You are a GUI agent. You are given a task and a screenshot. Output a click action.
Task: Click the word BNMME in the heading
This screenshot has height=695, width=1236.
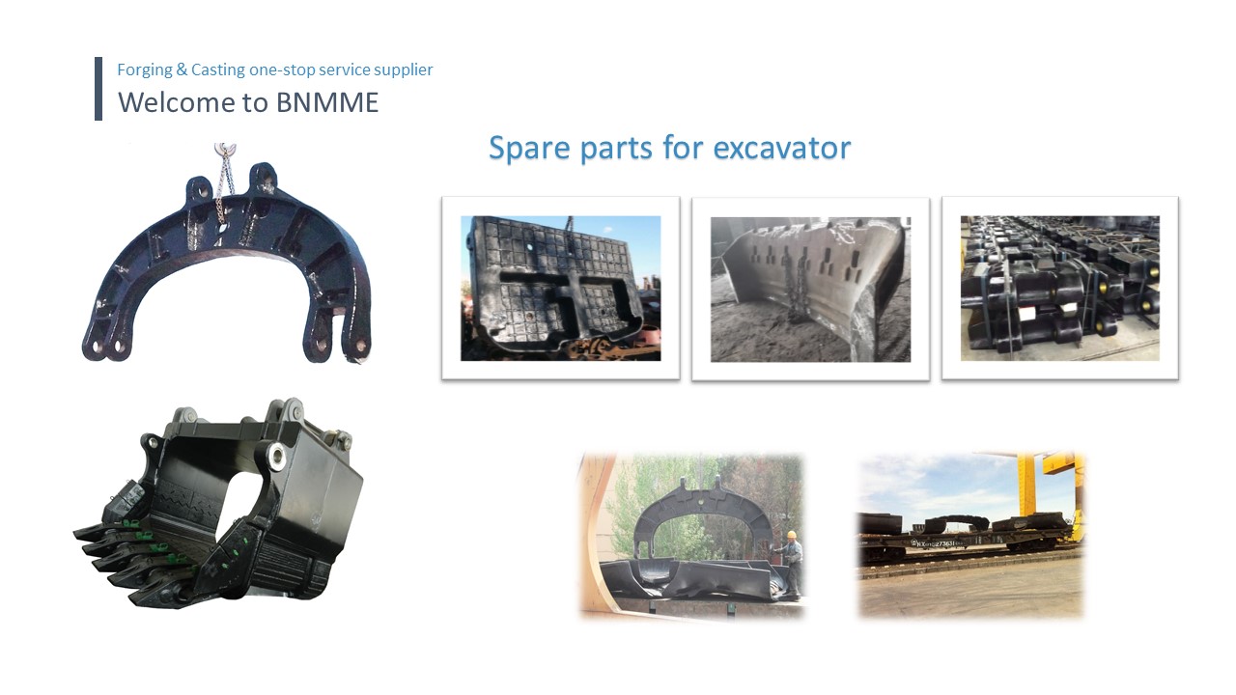[x=327, y=102]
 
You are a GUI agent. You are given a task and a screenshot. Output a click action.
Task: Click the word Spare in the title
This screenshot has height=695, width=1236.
[x=529, y=149]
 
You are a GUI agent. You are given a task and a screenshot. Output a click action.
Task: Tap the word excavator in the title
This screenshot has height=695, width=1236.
[x=782, y=149]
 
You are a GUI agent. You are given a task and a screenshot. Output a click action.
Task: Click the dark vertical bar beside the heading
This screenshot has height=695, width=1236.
[x=98, y=88]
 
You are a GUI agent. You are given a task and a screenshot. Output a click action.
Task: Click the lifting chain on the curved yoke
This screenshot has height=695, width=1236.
[x=223, y=187]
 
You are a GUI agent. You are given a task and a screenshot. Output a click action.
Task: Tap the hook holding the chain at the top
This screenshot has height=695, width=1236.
[x=225, y=149]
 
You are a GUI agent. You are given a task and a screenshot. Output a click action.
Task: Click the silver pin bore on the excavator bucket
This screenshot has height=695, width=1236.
[x=276, y=458]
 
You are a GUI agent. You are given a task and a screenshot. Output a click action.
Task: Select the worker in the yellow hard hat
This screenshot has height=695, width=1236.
[x=792, y=563]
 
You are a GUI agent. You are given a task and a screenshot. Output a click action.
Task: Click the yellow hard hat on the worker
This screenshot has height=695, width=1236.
[x=792, y=535]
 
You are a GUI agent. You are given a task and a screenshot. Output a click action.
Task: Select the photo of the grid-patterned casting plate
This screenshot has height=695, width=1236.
[x=561, y=289]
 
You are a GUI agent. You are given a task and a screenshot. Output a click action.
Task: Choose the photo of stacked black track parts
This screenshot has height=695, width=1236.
[x=1060, y=289]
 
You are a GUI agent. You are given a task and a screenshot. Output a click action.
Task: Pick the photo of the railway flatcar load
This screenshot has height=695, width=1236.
[x=970, y=535]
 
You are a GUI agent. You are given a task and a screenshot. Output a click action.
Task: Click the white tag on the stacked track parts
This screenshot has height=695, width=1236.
[x=1026, y=315]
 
